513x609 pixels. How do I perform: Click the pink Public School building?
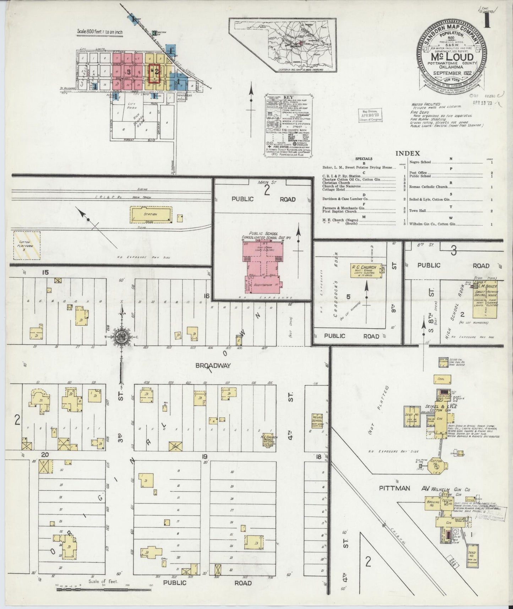click(x=263, y=267)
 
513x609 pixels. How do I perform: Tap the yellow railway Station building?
click(x=151, y=215)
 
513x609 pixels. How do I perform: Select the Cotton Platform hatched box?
click(x=27, y=245)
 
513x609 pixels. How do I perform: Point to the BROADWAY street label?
click(x=213, y=365)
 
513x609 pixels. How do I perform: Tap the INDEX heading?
click(x=408, y=153)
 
